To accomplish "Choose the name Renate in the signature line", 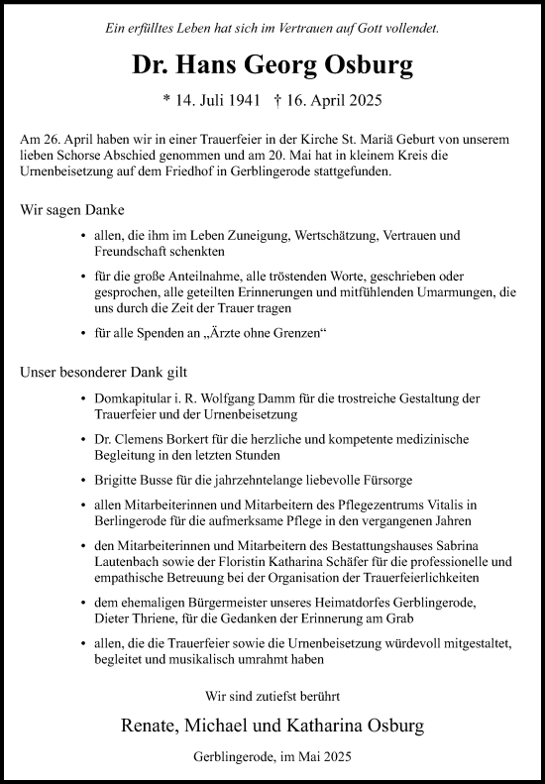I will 144,726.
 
